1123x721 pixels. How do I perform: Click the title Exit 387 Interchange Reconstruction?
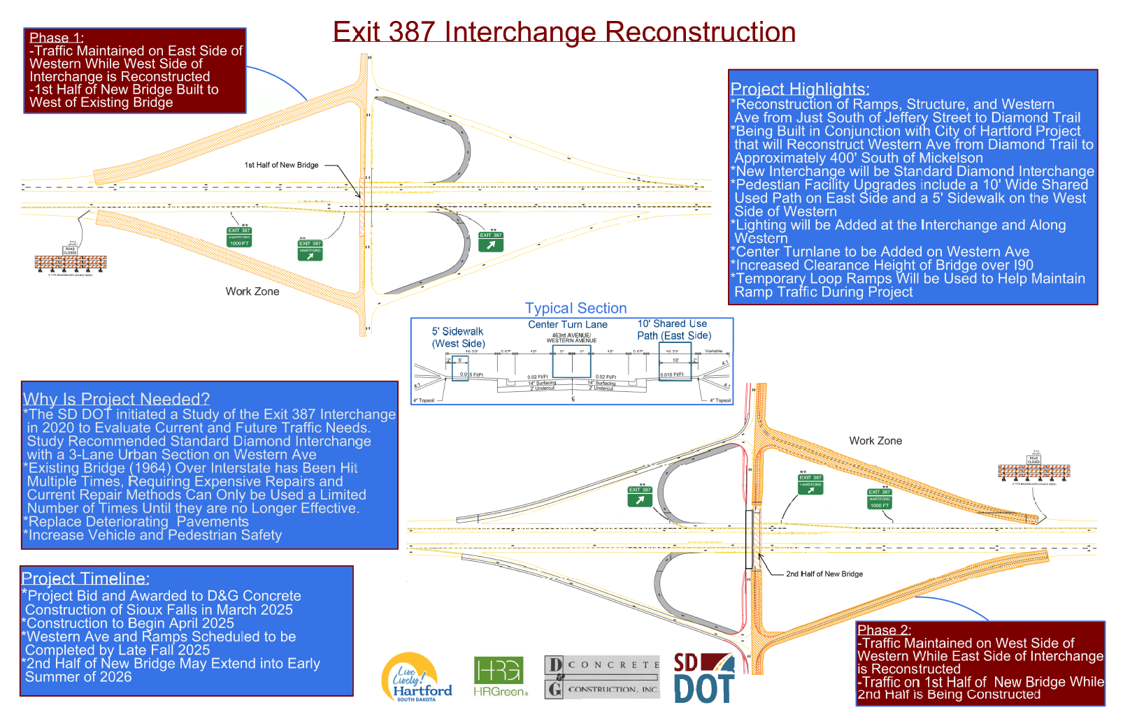(x=564, y=32)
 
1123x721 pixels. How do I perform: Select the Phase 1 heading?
(x=56, y=38)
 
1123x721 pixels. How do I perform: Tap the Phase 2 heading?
(x=884, y=629)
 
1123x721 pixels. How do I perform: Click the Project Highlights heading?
(x=799, y=89)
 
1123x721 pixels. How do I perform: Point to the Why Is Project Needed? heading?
(x=116, y=399)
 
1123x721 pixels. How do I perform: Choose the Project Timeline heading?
(x=85, y=578)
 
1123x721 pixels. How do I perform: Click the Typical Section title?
(x=575, y=308)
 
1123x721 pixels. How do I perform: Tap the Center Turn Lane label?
(x=567, y=324)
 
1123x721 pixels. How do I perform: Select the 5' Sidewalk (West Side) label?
(x=458, y=337)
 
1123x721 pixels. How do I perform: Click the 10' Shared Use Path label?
(x=673, y=329)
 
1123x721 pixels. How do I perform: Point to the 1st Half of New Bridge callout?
(x=281, y=165)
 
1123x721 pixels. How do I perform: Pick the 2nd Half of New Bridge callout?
(x=824, y=574)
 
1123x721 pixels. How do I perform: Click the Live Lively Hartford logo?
(x=416, y=676)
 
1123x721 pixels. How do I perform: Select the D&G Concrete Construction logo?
(x=601, y=676)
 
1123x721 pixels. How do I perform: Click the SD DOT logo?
(x=704, y=678)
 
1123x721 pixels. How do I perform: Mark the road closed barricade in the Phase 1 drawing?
(x=71, y=261)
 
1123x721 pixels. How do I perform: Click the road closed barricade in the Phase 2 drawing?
(x=1034, y=470)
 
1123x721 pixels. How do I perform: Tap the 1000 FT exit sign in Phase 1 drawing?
(x=239, y=237)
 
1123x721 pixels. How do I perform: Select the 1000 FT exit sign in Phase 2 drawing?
(x=880, y=499)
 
